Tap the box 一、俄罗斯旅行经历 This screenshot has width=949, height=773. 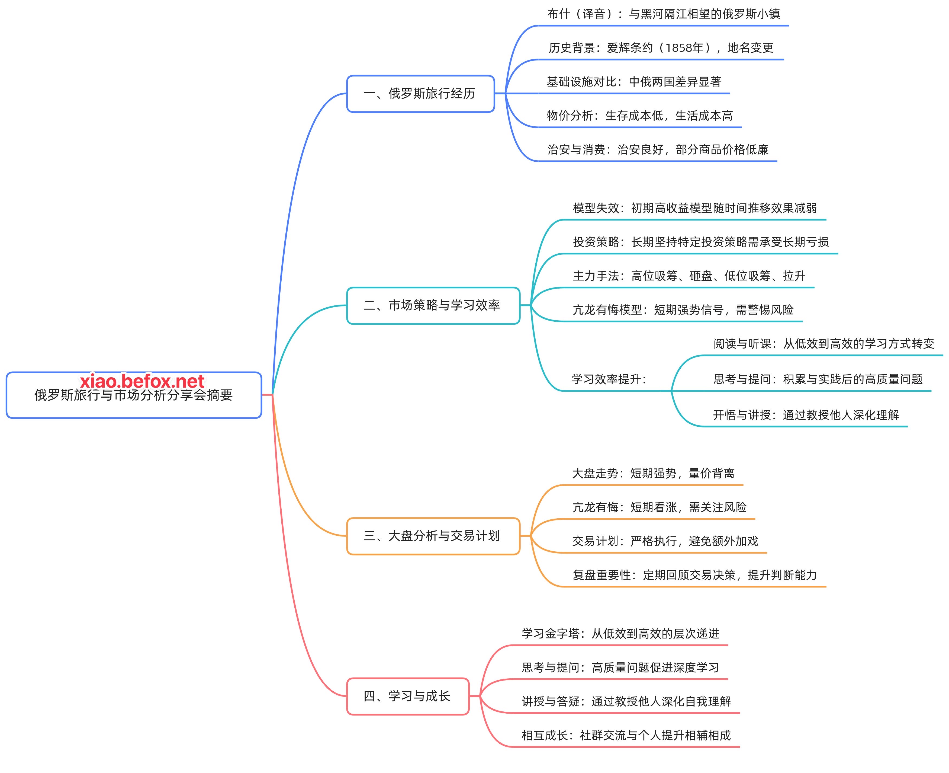(x=420, y=94)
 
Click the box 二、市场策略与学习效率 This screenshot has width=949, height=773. (x=432, y=305)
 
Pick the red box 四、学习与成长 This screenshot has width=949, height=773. (x=407, y=696)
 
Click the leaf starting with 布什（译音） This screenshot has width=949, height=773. (x=663, y=14)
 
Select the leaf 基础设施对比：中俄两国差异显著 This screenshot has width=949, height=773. (x=633, y=82)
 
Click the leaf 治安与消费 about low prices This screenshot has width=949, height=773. (x=658, y=150)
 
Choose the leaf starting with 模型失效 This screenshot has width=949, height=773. (x=694, y=208)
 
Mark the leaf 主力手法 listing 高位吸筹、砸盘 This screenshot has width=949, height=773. (x=689, y=276)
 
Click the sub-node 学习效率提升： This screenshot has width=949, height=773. (x=609, y=379)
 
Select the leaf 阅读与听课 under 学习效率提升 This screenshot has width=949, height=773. (x=823, y=344)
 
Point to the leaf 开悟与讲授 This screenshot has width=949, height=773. (x=806, y=415)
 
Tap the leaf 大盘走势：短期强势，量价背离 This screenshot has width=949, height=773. (x=653, y=473)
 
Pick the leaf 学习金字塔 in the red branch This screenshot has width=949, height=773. (x=620, y=634)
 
